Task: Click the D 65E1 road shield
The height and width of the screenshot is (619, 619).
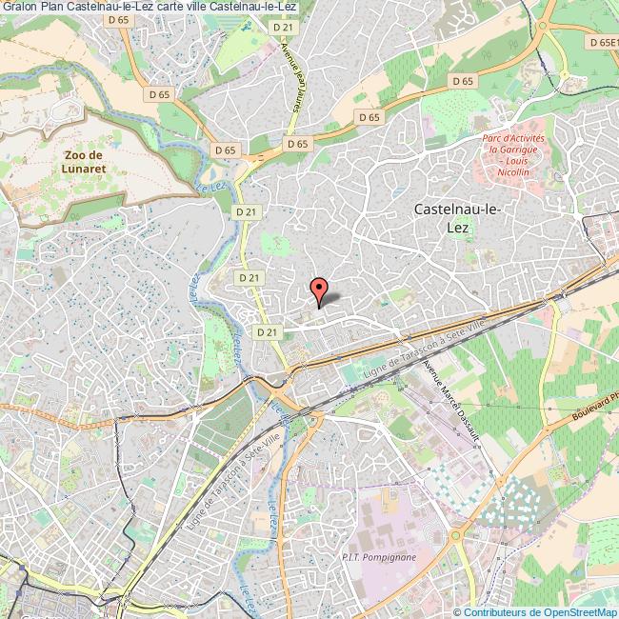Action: click(x=602, y=43)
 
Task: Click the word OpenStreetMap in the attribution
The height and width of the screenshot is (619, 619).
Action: click(x=580, y=612)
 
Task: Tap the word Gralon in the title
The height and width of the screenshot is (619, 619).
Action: click(x=19, y=8)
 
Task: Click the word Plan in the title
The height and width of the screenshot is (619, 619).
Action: click(x=53, y=8)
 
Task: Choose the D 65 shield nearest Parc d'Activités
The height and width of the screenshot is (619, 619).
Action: click(x=463, y=81)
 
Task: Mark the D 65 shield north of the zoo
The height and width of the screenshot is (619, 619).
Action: click(x=159, y=94)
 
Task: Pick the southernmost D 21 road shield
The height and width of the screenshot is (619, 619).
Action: click(x=268, y=331)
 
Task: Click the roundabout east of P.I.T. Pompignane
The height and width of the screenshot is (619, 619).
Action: click(x=456, y=535)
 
